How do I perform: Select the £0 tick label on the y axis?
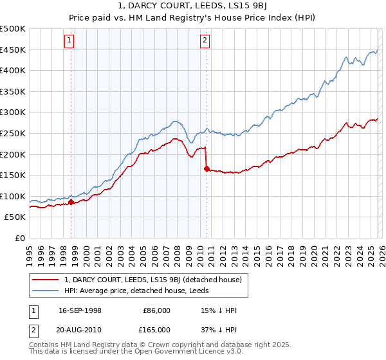[21, 239]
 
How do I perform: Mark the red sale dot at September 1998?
[71, 202]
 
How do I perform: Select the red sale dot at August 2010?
[207, 169]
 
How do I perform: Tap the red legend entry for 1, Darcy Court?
[152, 280]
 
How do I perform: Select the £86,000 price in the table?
[156, 310]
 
